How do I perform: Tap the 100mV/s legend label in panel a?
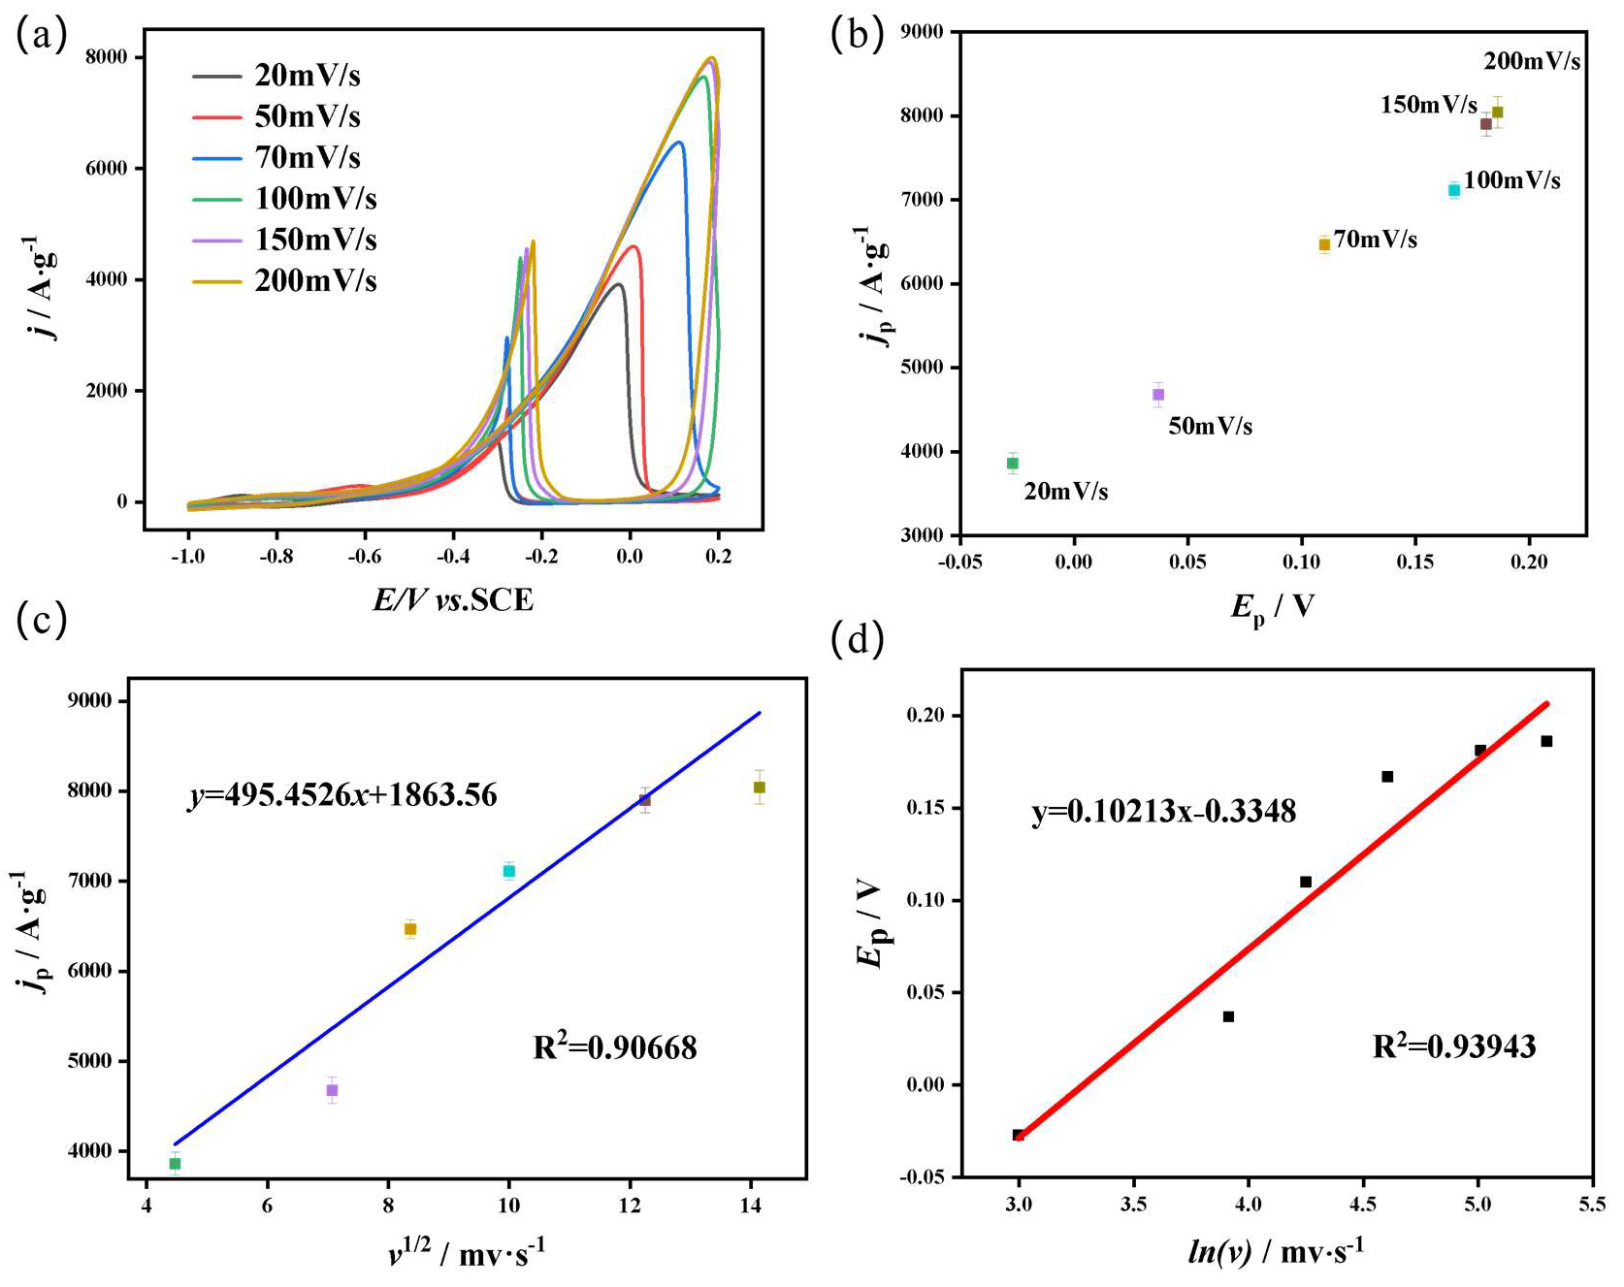click(315, 199)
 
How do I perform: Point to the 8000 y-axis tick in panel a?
click(107, 57)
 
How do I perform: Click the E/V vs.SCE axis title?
click(453, 600)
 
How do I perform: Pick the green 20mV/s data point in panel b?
click(1012, 463)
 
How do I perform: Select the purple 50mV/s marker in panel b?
click(1157, 394)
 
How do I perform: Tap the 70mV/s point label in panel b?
click(1375, 240)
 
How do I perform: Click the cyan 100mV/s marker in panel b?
click(1453, 190)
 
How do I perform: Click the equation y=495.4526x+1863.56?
click(342, 796)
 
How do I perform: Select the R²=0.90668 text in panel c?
click(615, 1048)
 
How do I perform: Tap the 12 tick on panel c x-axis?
click(630, 1206)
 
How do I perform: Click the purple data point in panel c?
click(332, 1090)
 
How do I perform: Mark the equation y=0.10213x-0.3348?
click(1163, 812)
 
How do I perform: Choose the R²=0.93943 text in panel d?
click(1453, 1047)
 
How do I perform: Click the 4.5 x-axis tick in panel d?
click(1362, 1205)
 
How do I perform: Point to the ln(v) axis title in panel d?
click(1275, 1252)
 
